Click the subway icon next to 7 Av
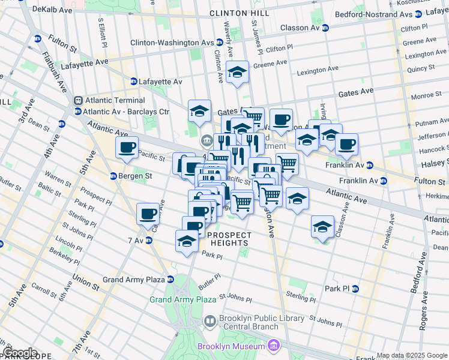tap(148, 241)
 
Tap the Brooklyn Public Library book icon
tap(210, 322)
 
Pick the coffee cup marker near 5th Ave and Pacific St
tap(127, 148)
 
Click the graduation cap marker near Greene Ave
tap(238, 73)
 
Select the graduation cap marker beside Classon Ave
tap(322, 227)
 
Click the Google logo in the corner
tap(20, 353)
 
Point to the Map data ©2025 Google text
tap(412, 355)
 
